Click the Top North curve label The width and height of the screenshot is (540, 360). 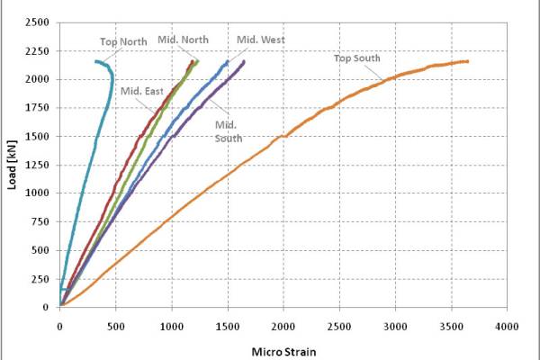click(x=123, y=42)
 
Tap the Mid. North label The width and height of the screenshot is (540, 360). click(x=183, y=40)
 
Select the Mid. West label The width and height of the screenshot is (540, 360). click(x=261, y=40)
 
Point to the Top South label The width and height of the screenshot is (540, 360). click(x=356, y=58)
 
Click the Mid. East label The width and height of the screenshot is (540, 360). click(x=141, y=91)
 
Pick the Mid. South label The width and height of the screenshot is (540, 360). click(x=229, y=131)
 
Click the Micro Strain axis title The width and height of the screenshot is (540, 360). click(x=283, y=352)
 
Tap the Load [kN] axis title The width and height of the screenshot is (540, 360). click(x=12, y=165)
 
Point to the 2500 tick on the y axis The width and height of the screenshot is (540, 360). click(x=37, y=22)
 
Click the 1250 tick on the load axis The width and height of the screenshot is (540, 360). click(x=37, y=165)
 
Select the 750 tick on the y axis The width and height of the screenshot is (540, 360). click(x=40, y=221)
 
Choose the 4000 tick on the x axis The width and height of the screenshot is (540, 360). click(x=507, y=326)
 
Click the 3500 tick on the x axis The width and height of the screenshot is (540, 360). click(x=452, y=326)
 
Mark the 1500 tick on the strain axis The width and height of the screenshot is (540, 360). click(x=228, y=326)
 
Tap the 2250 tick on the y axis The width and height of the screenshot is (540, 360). click(x=37, y=51)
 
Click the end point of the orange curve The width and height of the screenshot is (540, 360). click(x=467, y=61)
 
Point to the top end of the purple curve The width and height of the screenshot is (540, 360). click(x=244, y=61)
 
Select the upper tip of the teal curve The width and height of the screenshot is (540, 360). click(x=96, y=62)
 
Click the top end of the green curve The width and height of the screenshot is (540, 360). click(x=198, y=61)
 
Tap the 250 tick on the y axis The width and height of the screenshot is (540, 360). click(x=40, y=279)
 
